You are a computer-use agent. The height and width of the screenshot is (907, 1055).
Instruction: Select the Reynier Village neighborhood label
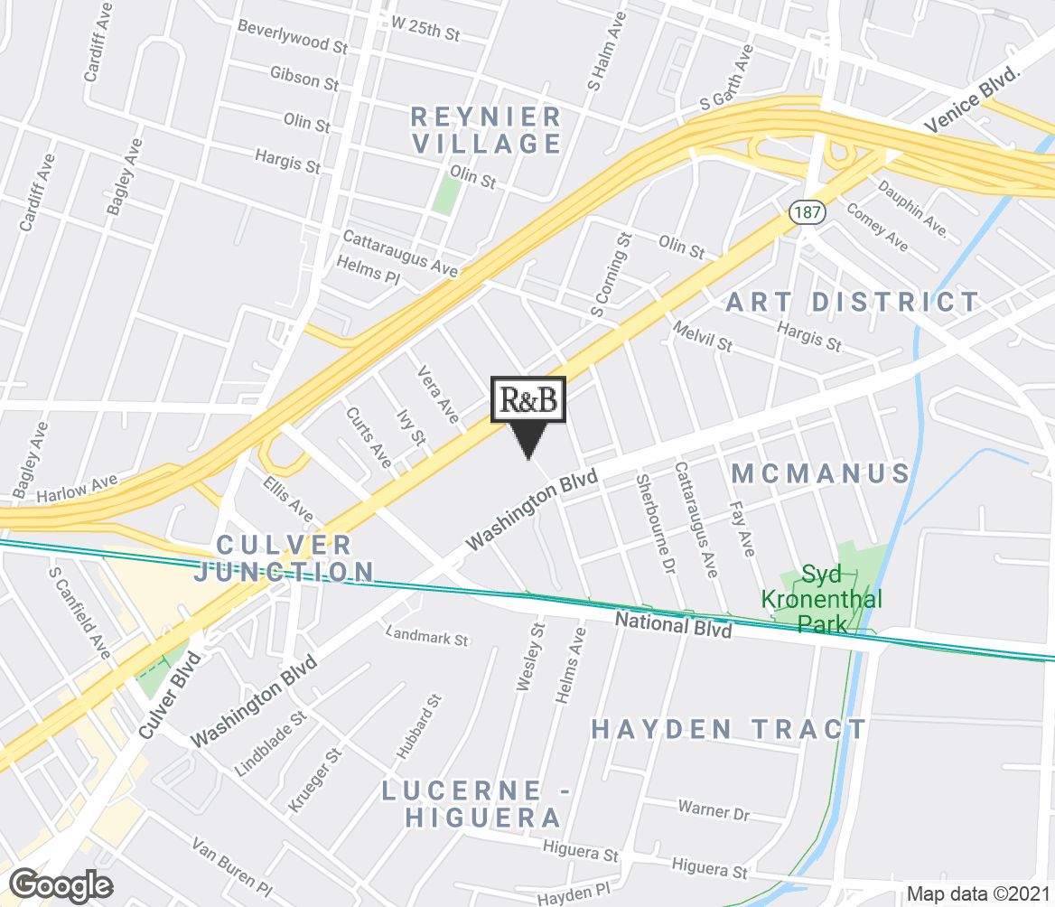pyautogui.click(x=486, y=130)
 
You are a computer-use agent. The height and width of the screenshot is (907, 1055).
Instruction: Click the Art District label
pyautogui.click(x=853, y=302)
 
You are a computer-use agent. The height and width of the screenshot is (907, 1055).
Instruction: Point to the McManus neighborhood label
pyautogui.click(x=820, y=473)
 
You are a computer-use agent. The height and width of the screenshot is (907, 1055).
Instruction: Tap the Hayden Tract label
pyautogui.click(x=729, y=729)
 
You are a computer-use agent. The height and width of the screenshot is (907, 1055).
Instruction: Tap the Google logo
pyautogui.click(x=61, y=884)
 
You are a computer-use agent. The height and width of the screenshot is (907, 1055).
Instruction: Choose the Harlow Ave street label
pyautogui.click(x=78, y=491)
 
